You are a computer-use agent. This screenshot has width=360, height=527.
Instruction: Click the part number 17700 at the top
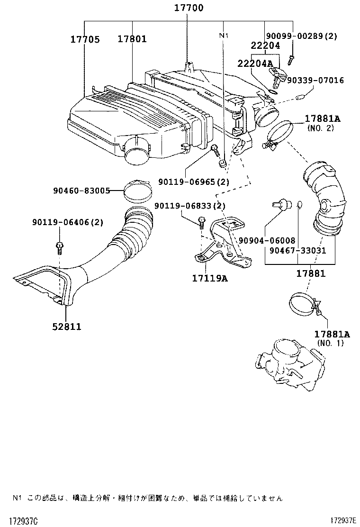point(188,8)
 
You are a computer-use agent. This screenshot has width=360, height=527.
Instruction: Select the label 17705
point(85,39)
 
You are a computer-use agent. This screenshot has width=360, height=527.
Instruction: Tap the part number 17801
point(132,39)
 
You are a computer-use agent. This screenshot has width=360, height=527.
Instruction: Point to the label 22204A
point(255,64)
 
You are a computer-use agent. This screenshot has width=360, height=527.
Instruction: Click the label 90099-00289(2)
point(308,36)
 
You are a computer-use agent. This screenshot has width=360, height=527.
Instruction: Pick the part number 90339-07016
point(318,81)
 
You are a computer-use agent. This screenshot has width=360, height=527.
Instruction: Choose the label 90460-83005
point(81,191)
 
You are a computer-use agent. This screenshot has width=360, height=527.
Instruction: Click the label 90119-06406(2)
point(68,222)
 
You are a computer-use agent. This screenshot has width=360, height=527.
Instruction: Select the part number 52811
point(67,327)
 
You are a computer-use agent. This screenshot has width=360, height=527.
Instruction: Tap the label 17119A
point(209,279)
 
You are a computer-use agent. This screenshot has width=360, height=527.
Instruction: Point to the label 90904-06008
point(267,241)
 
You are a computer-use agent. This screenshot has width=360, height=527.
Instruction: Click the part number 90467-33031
point(298,250)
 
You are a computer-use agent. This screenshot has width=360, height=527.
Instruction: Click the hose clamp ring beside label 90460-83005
point(138,190)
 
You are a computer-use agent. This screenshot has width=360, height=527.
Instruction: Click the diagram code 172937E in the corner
point(343,521)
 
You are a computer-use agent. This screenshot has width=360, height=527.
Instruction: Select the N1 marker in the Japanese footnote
point(17,498)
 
